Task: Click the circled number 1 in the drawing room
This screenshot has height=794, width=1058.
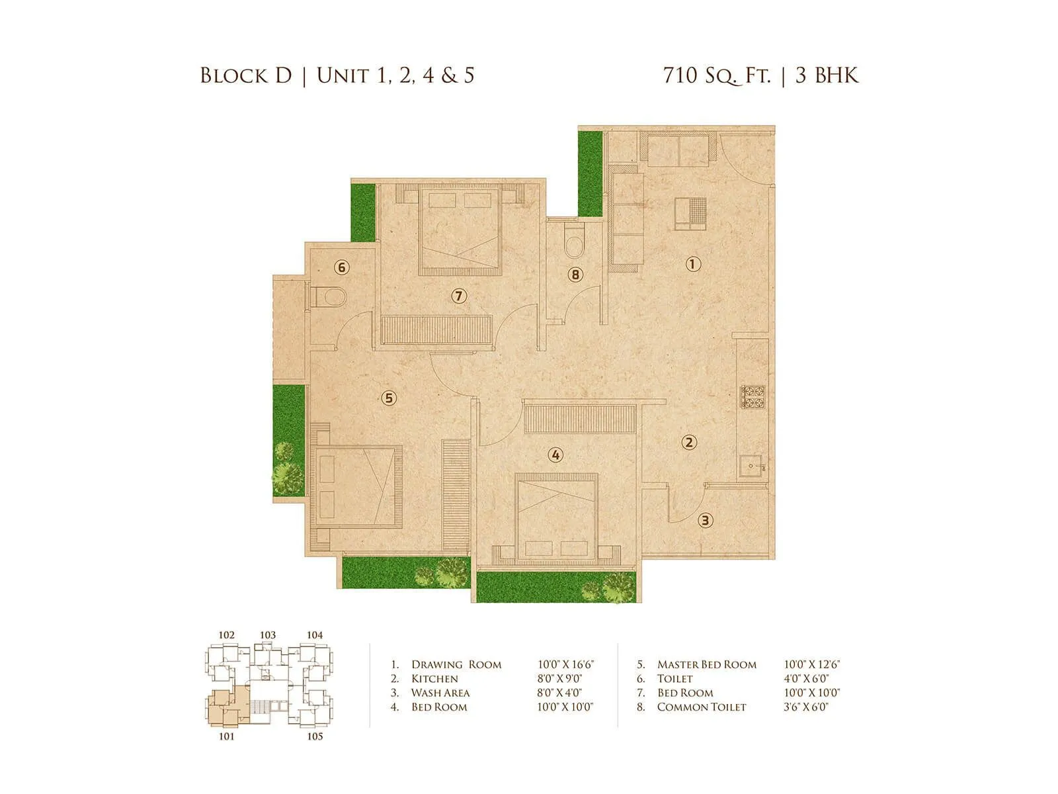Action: tap(692, 265)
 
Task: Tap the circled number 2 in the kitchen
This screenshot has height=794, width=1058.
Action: tap(689, 442)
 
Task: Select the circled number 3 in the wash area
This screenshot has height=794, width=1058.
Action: tap(706, 520)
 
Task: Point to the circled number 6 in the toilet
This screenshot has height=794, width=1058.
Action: tap(341, 267)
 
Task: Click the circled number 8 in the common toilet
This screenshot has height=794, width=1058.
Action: tap(575, 274)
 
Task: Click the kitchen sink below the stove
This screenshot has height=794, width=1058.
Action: tap(752, 466)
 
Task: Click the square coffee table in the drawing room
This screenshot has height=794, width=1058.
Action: tap(690, 214)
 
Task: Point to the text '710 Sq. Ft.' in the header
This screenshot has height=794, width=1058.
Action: tap(717, 75)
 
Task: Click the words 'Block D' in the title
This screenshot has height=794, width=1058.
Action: tap(246, 75)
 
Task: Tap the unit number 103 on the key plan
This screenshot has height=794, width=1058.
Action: tap(267, 635)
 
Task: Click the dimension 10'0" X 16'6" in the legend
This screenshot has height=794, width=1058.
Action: tap(566, 664)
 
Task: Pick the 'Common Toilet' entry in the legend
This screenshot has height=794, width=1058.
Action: tap(701, 707)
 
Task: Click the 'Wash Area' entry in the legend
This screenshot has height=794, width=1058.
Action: tap(440, 693)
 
